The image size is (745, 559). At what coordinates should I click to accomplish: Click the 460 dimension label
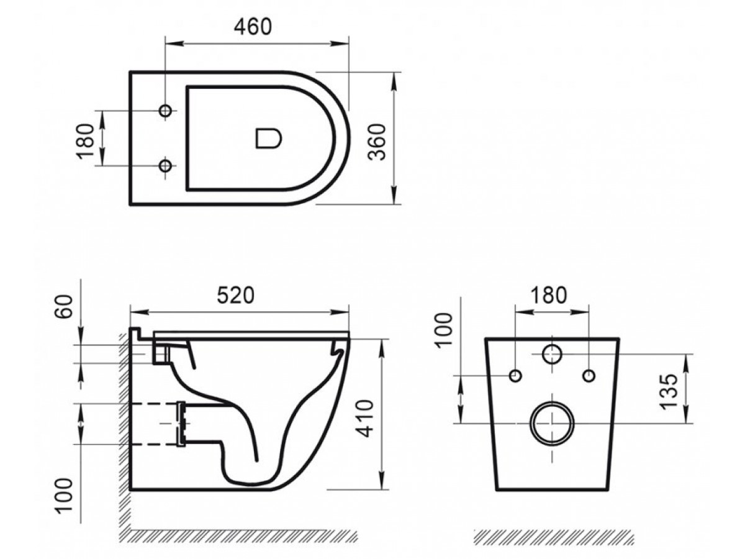253,27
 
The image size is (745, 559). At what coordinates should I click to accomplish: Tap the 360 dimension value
377,142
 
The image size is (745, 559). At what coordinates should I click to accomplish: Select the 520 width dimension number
235,295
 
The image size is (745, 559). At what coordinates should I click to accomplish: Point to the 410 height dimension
364,419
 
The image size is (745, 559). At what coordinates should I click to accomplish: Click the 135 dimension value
668,391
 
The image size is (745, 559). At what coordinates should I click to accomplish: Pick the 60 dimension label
63,306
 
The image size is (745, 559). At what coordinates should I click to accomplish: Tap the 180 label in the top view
84,141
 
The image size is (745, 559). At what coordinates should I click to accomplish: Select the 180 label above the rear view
549,295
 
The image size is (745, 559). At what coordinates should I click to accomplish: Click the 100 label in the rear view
444,330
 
